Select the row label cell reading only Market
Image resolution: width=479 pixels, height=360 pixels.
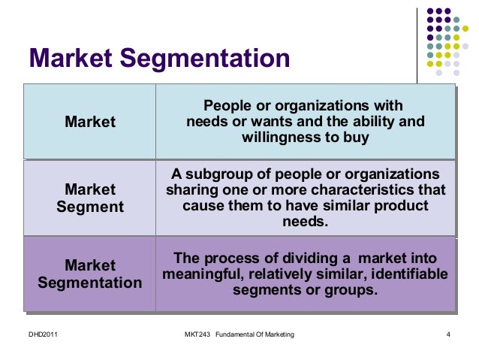pos(90,122)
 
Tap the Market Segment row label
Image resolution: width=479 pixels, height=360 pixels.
pos(90,198)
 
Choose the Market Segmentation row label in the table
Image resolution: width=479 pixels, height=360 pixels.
pos(90,274)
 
